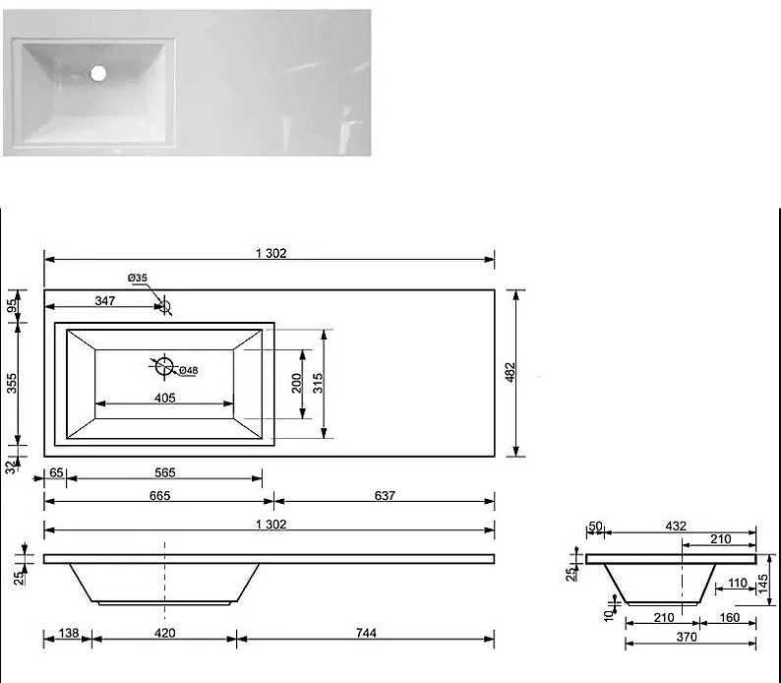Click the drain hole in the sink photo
click(98, 73)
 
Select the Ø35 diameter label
click(137, 278)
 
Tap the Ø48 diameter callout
click(188, 370)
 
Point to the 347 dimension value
click(105, 300)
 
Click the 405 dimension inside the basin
click(165, 398)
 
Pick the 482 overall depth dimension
click(511, 372)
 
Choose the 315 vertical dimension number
click(318, 383)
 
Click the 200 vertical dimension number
click(296, 383)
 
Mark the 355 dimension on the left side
click(12, 384)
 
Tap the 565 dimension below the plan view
click(165, 472)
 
